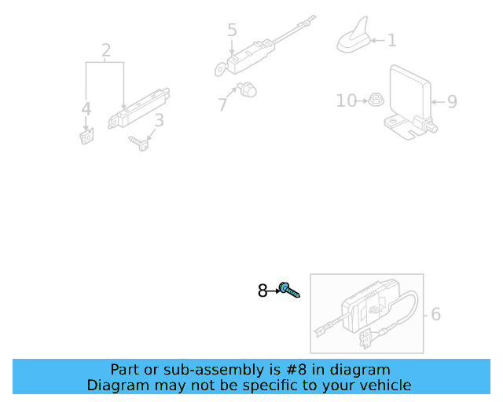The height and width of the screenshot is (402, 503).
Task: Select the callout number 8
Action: (x=263, y=291)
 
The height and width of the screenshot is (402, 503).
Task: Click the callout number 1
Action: (x=391, y=39)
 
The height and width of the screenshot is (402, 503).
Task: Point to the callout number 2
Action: (x=106, y=52)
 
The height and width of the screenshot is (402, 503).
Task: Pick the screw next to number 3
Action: (x=140, y=143)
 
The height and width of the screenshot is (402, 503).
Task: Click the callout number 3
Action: (x=159, y=121)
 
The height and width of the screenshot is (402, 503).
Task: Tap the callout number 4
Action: (x=86, y=109)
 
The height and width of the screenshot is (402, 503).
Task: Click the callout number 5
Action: (x=232, y=31)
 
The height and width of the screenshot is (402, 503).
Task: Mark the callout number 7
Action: (x=223, y=104)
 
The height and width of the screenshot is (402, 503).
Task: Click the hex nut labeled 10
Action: (x=375, y=100)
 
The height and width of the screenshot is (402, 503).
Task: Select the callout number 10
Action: (x=346, y=100)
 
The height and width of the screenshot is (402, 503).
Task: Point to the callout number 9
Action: (x=451, y=101)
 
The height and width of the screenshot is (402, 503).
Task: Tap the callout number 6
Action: (x=435, y=314)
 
